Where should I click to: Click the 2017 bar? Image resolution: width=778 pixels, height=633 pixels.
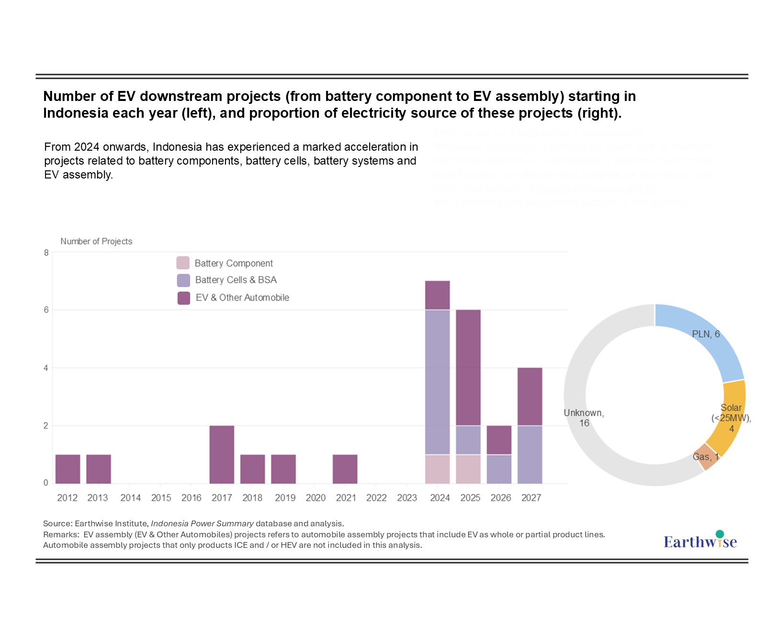pyautogui.click(x=222, y=455)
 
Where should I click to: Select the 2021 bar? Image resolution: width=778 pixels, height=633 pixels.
pyautogui.click(x=345, y=469)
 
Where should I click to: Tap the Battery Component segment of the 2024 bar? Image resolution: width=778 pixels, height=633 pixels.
pyautogui.click(x=437, y=469)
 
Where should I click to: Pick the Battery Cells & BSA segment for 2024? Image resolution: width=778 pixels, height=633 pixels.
pyautogui.click(x=437, y=382)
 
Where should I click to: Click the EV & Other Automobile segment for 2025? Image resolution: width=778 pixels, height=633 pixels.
pyautogui.click(x=468, y=367)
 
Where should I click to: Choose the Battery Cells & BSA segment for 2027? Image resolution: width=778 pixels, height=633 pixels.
pyautogui.click(x=530, y=455)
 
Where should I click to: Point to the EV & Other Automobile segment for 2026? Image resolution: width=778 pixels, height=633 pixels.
pyautogui.click(x=499, y=440)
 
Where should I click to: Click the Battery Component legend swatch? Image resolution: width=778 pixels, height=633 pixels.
pyautogui.click(x=183, y=263)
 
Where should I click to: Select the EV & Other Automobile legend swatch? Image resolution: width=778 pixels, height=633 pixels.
pyautogui.click(x=184, y=298)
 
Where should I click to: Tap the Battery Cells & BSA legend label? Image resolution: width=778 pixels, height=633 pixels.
pyautogui.click(x=236, y=280)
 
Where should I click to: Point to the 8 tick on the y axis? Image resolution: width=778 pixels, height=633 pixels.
pyautogui.click(x=46, y=253)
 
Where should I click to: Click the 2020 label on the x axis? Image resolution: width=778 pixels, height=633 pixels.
pyautogui.click(x=316, y=498)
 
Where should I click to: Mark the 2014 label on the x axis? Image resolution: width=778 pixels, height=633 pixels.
pyautogui.click(x=130, y=498)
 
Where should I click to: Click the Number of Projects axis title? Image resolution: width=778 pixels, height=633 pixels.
pyautogui.click(x=96, y=242)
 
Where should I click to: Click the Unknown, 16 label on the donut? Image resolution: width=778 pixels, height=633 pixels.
pyautogui.click(x=584, y=418)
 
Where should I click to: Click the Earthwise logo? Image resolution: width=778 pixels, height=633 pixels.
pyautogui.click(x=700, y=541)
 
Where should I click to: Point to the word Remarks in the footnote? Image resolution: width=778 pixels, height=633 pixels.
pyautogui.click(x=60, y=534)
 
